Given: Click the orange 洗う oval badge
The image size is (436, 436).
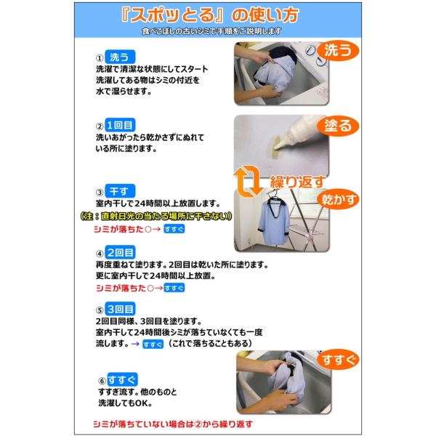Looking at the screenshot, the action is tap(338, 51).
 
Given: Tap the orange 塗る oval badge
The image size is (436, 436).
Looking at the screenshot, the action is tap(338, 126).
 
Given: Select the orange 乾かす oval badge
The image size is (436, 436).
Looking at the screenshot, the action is tap(338, 199).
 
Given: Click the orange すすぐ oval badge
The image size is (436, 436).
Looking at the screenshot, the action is tap(338, 360).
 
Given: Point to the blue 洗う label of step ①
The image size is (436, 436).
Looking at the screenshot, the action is tap(120, 57).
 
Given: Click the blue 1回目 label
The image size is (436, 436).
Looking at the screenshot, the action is tap(120, 125).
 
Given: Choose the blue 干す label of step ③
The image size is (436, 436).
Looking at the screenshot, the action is tap(120, 191).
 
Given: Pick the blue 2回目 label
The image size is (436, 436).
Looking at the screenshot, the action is tap(120, 252).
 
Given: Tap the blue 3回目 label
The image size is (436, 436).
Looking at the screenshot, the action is tap(120, 309).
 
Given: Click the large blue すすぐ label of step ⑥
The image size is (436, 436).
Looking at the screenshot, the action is tap(122, 379).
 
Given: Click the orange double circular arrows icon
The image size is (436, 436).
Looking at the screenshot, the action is tap(248, 181).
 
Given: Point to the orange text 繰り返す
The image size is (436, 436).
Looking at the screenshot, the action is tap(297, 182).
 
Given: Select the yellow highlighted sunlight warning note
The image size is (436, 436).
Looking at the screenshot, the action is tap(156, 216).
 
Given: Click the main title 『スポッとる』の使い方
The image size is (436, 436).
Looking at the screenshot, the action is tap(209, 15).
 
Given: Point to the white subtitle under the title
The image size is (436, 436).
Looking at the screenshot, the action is tap(211, 31).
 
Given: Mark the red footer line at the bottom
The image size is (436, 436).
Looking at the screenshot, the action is tap(173, 424).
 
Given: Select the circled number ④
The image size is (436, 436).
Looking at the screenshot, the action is tap(100, 254).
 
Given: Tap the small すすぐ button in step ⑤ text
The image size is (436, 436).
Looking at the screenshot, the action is tap(153, 344).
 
